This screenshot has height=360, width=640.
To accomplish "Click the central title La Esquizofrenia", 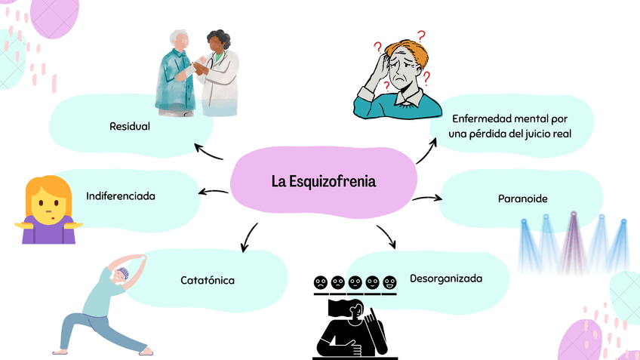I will coord(323,182).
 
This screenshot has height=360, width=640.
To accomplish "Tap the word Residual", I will coord(130,126).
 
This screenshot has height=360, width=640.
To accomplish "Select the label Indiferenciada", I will coord(121,195).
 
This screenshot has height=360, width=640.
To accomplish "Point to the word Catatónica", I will coord(208,280).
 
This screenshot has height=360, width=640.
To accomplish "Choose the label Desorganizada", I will coord(445,278).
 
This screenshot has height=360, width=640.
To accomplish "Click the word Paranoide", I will coord(522,198).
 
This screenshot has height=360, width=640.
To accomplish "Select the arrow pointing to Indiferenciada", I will coord(214,192).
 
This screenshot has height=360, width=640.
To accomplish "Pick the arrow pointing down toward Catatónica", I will coord(248,238).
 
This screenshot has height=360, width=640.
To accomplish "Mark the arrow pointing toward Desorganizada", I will coord(386,236).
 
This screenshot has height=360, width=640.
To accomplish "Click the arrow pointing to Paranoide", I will coord(427,198).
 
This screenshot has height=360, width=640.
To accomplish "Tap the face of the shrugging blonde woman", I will coord(46,199).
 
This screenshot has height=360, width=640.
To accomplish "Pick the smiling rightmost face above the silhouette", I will coord(389,283).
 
